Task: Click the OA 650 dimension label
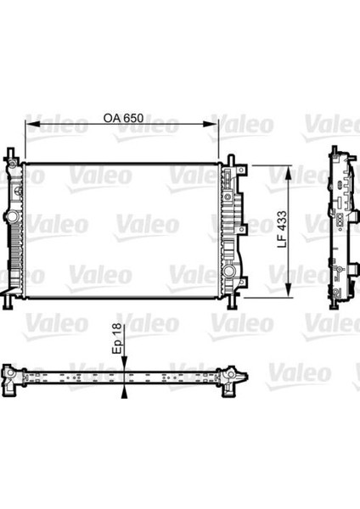click(123, 118)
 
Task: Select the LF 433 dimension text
click(282, 230)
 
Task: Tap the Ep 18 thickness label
click(116, 338)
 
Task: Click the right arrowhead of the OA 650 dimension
click(211, 124)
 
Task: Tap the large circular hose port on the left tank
click(13, 215)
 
